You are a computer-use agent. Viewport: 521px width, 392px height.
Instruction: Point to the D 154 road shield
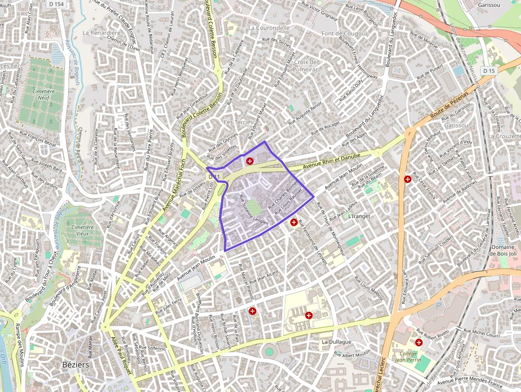[x=56, y=4]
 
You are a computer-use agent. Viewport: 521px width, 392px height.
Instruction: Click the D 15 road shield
[x=489, y=71]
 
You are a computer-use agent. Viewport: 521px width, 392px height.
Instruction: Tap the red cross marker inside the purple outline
[x=249, y=161]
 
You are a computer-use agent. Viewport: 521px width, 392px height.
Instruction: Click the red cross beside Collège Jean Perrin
[x=419, y=342]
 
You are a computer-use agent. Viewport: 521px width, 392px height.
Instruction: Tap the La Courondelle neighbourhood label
[x=268, y=28]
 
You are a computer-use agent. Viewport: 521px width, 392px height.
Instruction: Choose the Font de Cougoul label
[x=344, y=34]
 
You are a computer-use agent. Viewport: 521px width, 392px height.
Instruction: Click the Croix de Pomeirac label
[x=305, y=65]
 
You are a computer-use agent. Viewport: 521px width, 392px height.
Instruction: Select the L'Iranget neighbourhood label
[x=358, y=216]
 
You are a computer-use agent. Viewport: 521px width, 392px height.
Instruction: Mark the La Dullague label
[x=337, y=341]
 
